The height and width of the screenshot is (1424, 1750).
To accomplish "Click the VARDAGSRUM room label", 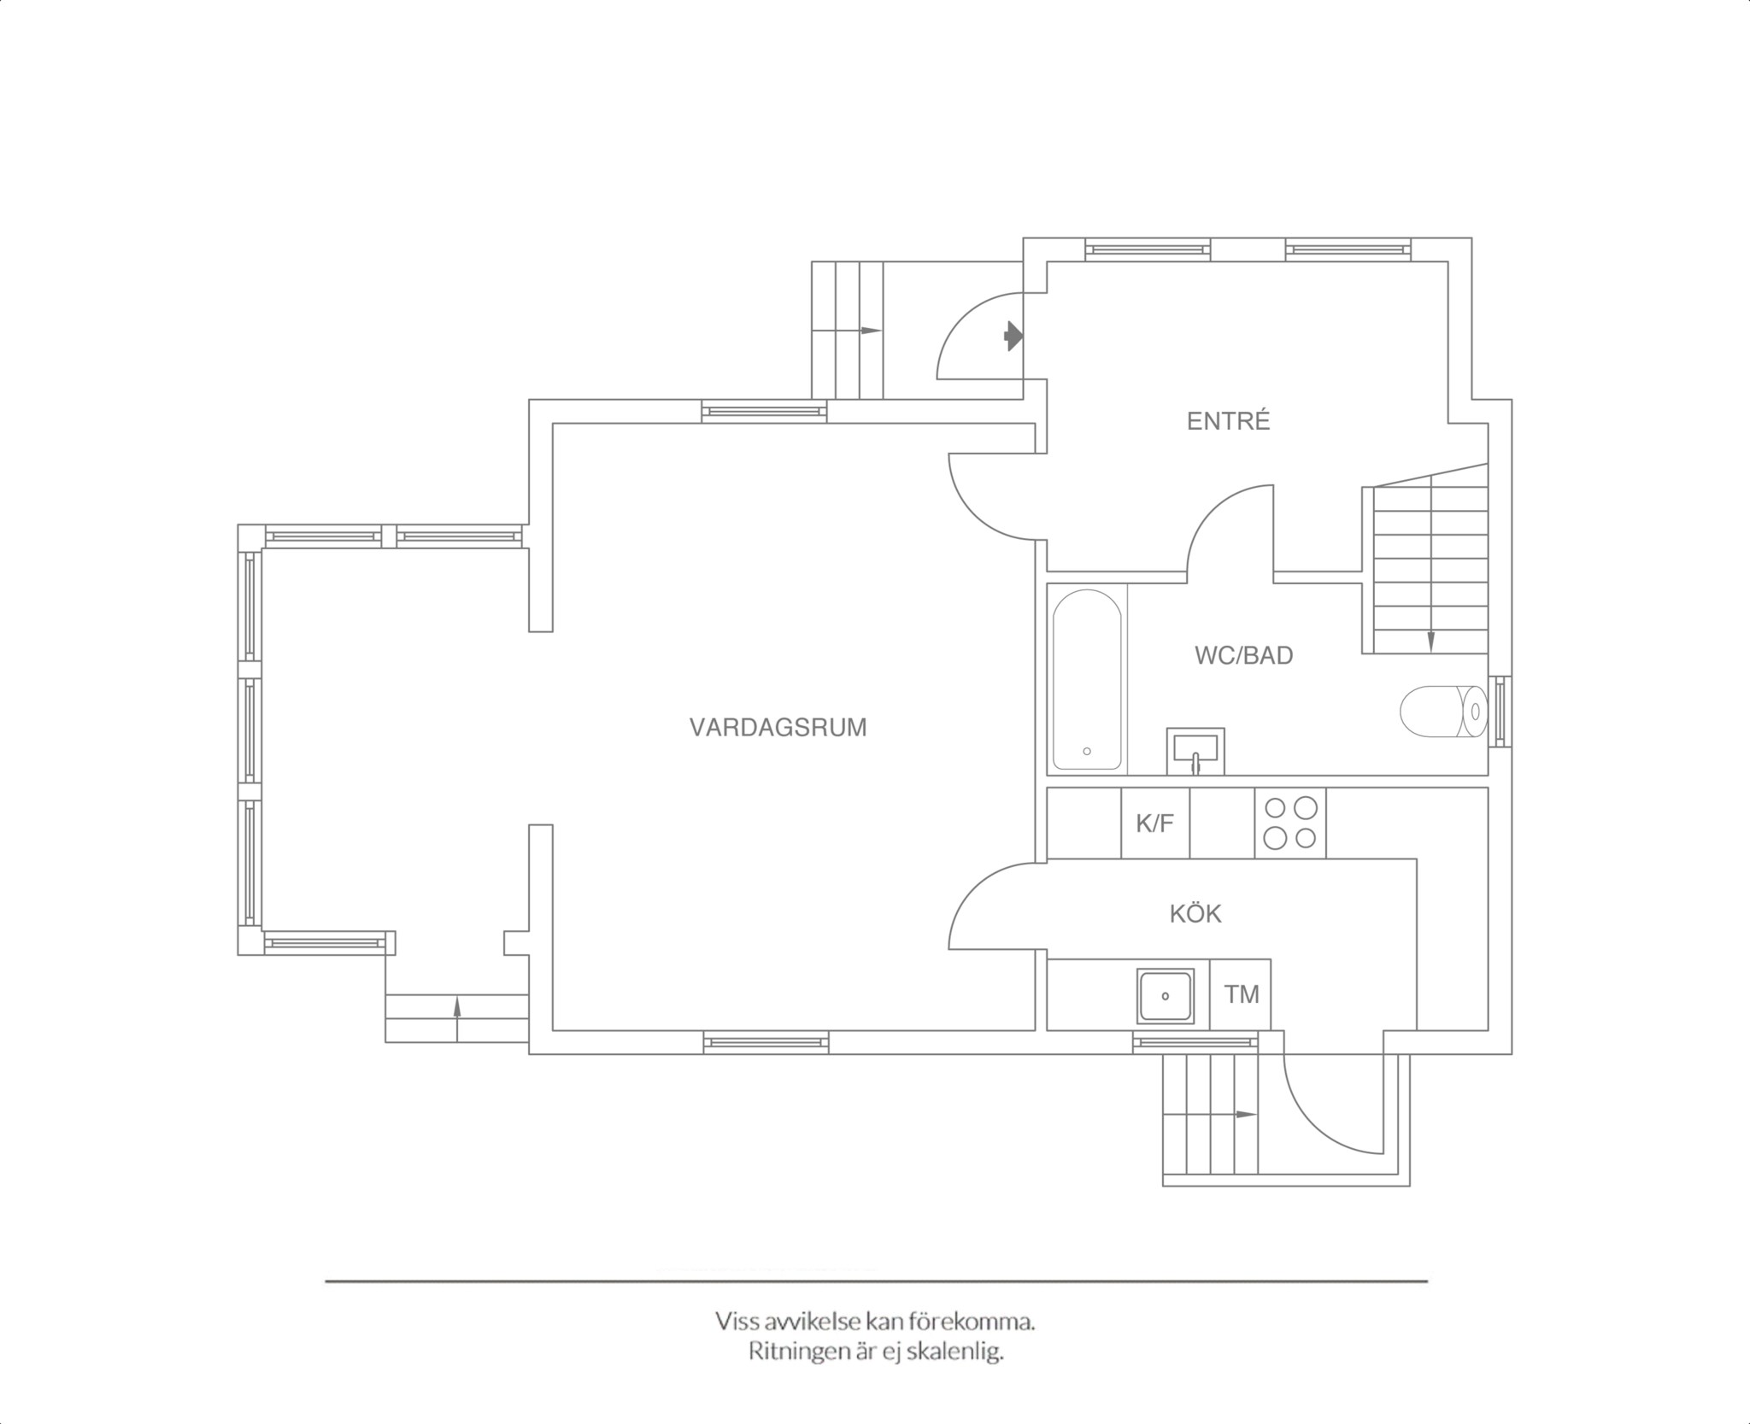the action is [778, 727].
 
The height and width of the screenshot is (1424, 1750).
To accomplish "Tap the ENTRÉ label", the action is [1228, 420].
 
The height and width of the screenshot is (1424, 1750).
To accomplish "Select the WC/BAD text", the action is [1243, 655].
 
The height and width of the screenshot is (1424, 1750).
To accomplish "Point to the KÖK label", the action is [1195, 913].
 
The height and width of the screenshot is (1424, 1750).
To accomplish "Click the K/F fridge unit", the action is [1155, 823].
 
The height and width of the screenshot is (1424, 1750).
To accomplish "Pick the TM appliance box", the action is [1241, 994].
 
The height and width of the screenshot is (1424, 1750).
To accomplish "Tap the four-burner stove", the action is [1290, 823].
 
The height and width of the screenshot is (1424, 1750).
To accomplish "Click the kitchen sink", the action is [1165, 996].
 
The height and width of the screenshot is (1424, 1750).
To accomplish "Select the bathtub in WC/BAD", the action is [1087, 680].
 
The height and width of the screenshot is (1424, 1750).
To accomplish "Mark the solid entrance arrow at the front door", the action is [1013, 336].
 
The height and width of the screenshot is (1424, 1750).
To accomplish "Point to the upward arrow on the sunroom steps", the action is [456, 1018].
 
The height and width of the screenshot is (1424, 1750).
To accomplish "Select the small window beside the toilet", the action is [1500, 712].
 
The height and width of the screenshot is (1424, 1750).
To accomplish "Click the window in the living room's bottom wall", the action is [766, 1042].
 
